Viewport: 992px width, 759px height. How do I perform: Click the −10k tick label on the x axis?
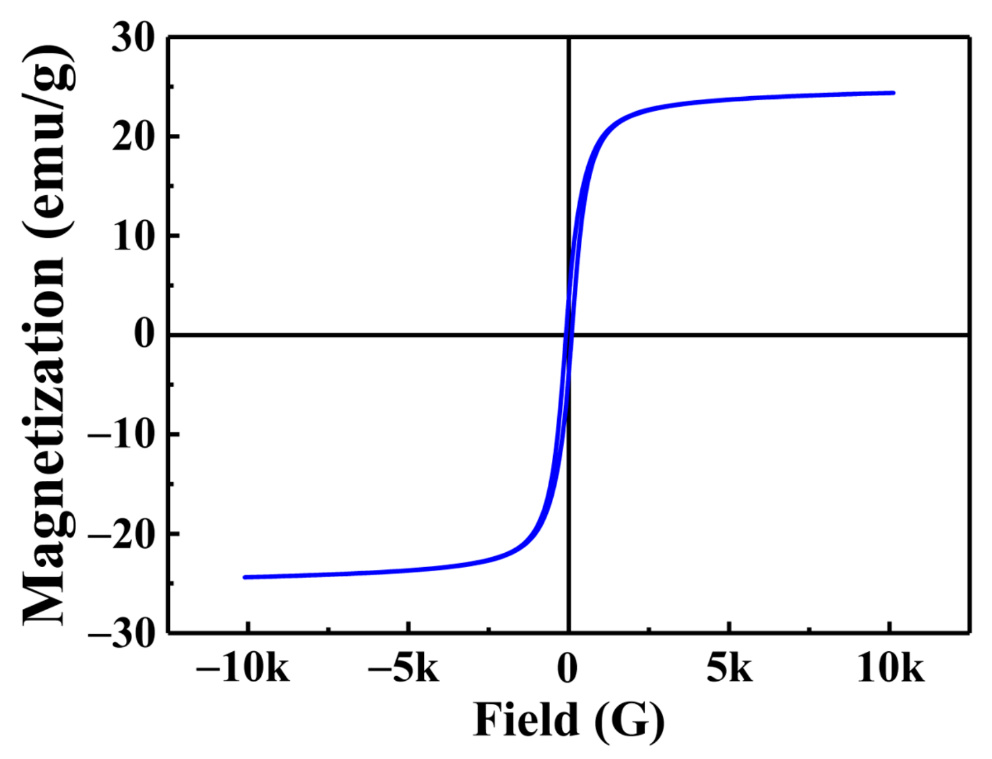242,669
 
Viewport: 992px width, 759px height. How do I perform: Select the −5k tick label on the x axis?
404,669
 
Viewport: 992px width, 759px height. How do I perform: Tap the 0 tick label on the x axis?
568,669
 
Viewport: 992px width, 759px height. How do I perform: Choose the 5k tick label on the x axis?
729,669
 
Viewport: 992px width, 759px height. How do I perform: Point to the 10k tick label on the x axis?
890,669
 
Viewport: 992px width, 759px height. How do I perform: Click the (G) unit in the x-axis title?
630,721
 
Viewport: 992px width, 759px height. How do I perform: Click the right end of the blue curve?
893,93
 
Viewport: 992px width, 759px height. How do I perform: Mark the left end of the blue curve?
245,577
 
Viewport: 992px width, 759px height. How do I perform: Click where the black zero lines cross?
569,335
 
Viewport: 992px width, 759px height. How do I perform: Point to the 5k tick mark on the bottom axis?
729,628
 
